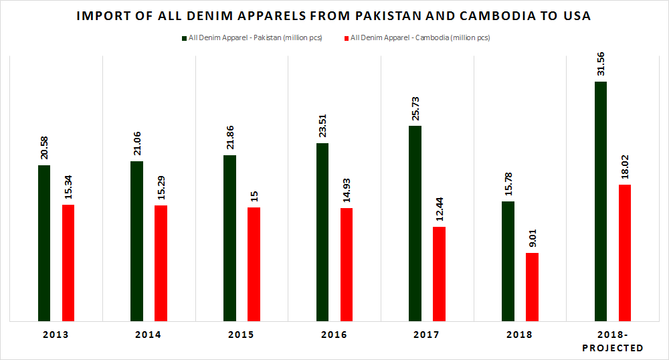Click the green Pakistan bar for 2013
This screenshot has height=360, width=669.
pyautogui.click(x=44, y=243)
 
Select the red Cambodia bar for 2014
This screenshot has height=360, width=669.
pyautogui.click(x=161, y=263)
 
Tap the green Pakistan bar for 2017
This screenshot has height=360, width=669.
pyautogui.click(x=415, y=223)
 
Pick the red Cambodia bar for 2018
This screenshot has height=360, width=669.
pyautogui.click(x=532, y=286)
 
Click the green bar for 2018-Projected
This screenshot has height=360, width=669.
pyautogui.click(x=600, y=201)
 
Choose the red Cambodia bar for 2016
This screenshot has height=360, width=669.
pyautogui.click(x=347, y=264)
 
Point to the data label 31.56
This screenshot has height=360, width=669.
pyautogui.click(x=600, y=63)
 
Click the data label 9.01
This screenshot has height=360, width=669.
pyautogui.click(x=532, y=238)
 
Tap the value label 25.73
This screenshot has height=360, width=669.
pyautogui.click(x=415, y=107)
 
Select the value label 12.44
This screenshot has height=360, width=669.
pyautogui.click(x=440, y=208)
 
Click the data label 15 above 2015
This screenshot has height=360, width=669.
pyautogui.click(x=254, y=196)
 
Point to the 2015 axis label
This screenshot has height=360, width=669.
pyautogui.click(x=241, y=335)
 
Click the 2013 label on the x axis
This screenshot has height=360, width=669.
pyautogui.click(x=56, y=335)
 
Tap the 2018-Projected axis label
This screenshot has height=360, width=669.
pyautogui.click(x=613, y=341)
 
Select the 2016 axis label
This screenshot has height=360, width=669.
pyautogui.click(x=334, y=335)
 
